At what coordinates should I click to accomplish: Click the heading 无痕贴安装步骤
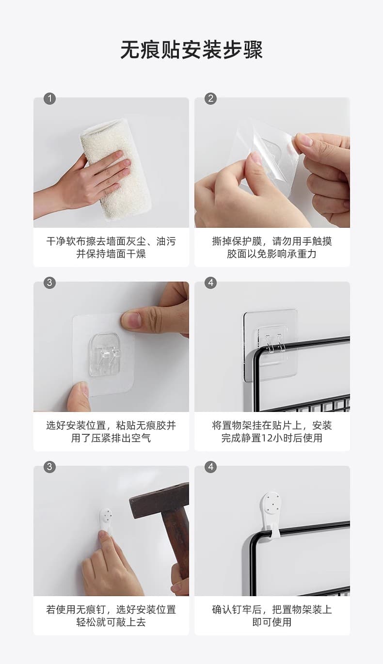pyautogui.click(x=191, y=49)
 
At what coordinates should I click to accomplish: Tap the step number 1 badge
pyautogui.click(x=49, y=98)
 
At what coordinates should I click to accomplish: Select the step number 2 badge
pyautogui.click(x=210, y=98)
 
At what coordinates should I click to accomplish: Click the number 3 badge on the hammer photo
pyautogui.click(x=49, y=467)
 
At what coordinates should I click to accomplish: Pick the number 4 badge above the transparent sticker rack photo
pyautogui.click(x=210, y=283)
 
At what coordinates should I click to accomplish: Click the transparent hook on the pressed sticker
pyautogui.click(x=106, y=354)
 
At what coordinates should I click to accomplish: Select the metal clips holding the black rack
pyautogui.click(x=274, y=343)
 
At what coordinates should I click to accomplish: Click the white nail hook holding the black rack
pyautogui.click(x=271, y=513)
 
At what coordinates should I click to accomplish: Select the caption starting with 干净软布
pyautogui.click(x=111, y=248)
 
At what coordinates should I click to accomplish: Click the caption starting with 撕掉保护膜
pyautogui.click(x=272, y=248)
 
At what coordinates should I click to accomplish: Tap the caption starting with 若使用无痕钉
pyautogui.click(x=111, y=616)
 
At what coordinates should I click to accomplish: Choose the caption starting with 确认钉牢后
pyautogui.click(x=272, y=616)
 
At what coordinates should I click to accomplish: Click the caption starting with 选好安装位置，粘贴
pyautogui.click(x=111, y=431)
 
